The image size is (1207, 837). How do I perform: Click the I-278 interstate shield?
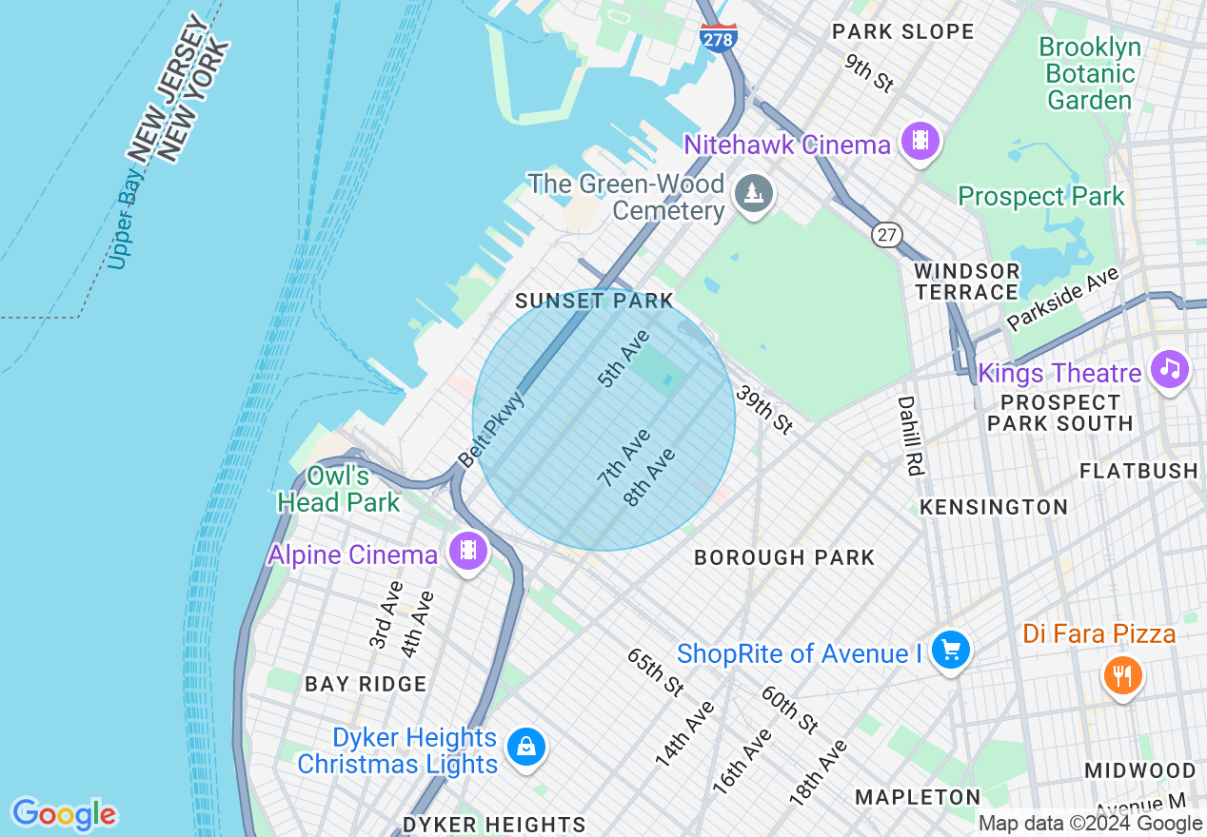pyautogui.click(x=717, y=37)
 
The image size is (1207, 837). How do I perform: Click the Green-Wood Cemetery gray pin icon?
pyautogui.click(x=754, y=194)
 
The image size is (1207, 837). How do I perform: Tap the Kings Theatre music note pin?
pyautogui.click(x=1169, y=369)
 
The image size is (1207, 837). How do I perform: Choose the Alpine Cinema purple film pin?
pyautogui.click(x=467, y=551)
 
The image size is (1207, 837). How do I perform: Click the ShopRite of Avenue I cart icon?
pyautogui.click(x=950, y=652)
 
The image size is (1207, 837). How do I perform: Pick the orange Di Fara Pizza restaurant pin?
pyautogui.click(x=1123, y=676)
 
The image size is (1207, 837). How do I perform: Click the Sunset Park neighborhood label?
pyautogui.click(x=594, y=302)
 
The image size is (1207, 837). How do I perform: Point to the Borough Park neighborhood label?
pyautogui.click(x=784, y=557)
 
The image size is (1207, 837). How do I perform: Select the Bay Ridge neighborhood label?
pyautogui.click(x=366, y=684)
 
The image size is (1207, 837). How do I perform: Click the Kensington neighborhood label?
pyautogui.click(x=994, y=507)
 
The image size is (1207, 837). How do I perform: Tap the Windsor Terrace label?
pyautogui.click(x=966, y=282)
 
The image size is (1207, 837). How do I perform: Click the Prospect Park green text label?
pyautogui.click(x=1041, y=197)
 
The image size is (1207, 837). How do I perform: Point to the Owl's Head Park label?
pyautogui.click(x=338, y=489)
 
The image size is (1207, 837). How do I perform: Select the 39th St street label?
pyautogui.click(x=763, y=411)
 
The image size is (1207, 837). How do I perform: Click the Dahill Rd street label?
pyautogui.click(x=910, y=436)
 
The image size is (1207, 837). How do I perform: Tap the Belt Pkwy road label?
pyautogui.click(x=491, y=430)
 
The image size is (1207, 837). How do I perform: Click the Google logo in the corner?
pyautogui.click(x=64, y=814)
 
